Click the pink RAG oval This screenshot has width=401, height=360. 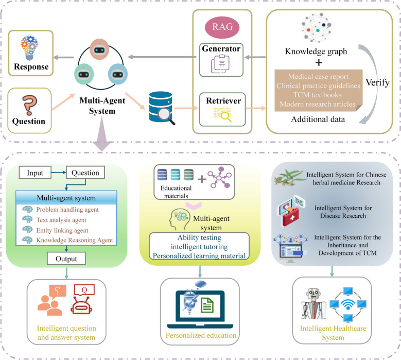(x=222, y=27)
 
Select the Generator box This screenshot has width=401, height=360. (x=221, y=60)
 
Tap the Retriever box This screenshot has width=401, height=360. (x=222, y=110)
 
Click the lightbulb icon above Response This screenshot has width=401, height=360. (x=29, y=47)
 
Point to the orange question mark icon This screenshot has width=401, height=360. (x=29, y=105)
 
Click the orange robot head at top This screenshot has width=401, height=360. (x=99, y=49)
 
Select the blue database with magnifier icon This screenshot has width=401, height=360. (x=162, y=108)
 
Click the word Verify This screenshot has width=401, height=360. (x=377, y=82)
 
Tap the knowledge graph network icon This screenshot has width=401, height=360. (x=317, y=28)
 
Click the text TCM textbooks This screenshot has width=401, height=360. (x=318, y=95)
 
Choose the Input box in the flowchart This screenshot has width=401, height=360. (x=35, y=173)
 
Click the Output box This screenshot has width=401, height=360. (x=66, y=259)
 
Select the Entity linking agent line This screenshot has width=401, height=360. (x=62, y=230)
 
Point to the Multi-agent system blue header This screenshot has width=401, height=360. (x=66, y=198)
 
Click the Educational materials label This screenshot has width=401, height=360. (x=176, y=192)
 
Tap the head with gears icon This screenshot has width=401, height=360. (x=180, y=219)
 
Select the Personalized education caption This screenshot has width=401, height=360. (x=201, y=335)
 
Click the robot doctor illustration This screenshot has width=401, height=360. (x=313, y=304)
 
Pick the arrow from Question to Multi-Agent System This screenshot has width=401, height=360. (x=63, y=102)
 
